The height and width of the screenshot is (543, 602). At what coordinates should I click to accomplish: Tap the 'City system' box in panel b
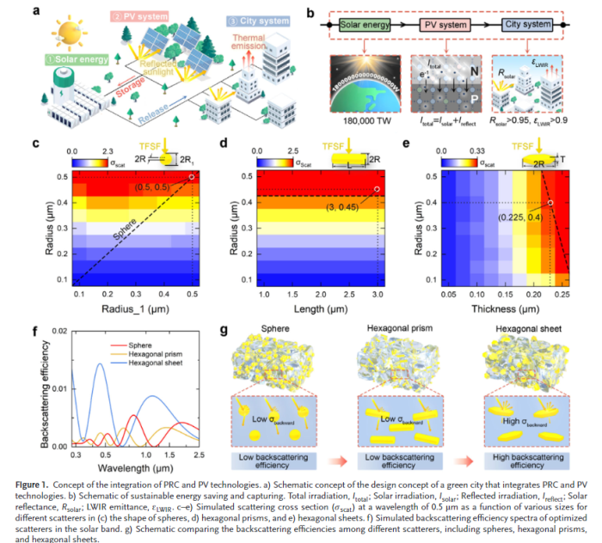(x=525, y=26)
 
